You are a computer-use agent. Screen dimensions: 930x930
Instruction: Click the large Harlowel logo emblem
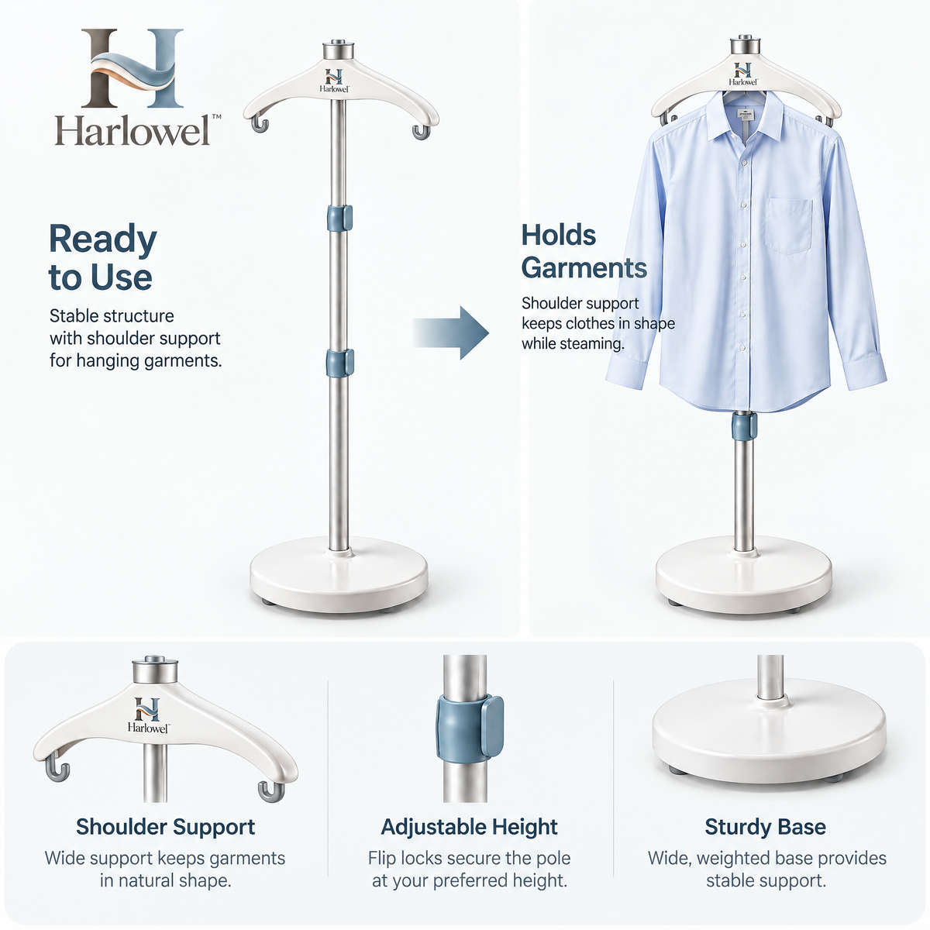pyautogui.click(x=133, y=68)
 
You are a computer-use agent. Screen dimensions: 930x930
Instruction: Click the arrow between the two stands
pyautogui.click(x=451, y=332)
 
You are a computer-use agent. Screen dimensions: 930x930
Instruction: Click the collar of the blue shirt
pyautogui.click(x=744, y=115)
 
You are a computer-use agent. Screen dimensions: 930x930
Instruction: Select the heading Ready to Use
pyautogui.click(x=103, y=258)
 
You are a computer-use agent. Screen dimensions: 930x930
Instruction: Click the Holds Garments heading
pyautogui.click(x=584, y=251)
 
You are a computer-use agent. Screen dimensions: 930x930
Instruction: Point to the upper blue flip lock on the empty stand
pyautogui.click(x=339, y=218)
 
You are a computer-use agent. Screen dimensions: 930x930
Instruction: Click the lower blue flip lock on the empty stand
pyautogui.click(x=339, y=363)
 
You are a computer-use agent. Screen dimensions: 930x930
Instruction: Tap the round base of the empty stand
pyautogui.click(x=339, y=574)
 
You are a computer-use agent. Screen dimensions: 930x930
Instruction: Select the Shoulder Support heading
pyautogui.click(x=165, y=826)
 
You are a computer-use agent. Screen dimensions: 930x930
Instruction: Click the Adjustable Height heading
pyautogui.click(x=469, y=826)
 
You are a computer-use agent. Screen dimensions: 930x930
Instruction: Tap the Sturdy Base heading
pyautogui.click(x=766, y=826)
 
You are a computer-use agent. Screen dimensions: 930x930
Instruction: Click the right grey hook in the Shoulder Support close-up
pyautogui.click(x=270, y=791)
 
